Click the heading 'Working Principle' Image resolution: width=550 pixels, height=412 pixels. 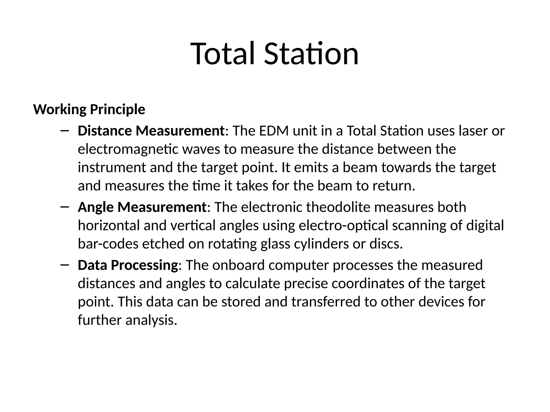(89, 109)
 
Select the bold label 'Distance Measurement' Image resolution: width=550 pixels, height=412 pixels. (151, 131)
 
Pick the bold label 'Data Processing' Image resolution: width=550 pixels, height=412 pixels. (128, 265)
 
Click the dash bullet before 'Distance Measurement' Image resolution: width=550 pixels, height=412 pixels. (65, 131)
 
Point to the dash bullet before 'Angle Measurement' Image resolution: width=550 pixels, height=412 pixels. (65, 207)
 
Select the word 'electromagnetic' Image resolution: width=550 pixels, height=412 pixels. (128, 149)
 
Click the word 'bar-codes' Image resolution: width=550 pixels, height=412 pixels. (108, 244)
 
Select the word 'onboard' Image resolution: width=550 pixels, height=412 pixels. (238, 265)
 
